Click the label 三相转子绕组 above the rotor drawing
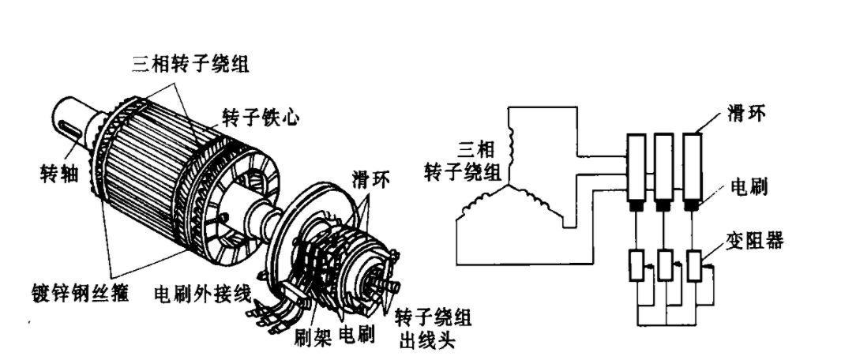click(190, 65)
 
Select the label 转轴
click(59, 174)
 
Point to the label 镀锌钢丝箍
click(81, 293)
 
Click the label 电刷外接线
click(202, 294)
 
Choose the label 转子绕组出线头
click(434, 328)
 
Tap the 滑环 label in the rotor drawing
click(370, 179)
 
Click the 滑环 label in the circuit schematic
click(746, 113)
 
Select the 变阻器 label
click(755, 240)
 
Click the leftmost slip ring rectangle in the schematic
click(636, 167)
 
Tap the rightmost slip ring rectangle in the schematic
click(692, 167)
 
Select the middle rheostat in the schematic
click(665, 265)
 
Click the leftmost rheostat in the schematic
click(636, 265)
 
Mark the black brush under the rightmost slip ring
click(692, 206)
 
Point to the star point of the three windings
click(508, 186)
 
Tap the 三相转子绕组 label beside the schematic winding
click(463, 161)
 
